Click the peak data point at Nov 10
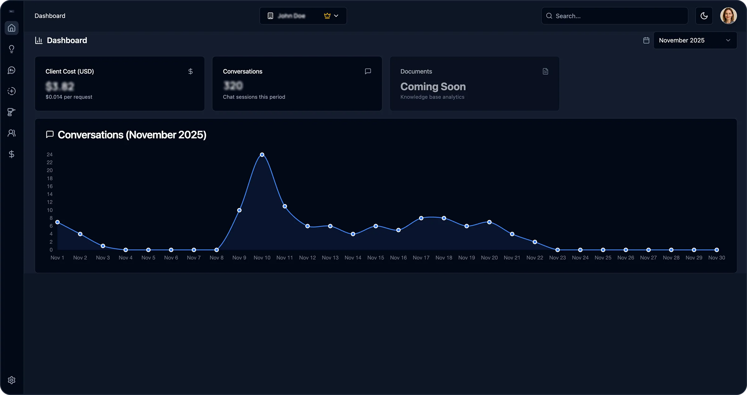(x=262, y=155)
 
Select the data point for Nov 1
(x=58, y=222)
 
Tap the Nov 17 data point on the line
(x=421, y=218)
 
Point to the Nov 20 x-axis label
(x=489, y=258)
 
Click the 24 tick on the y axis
(x=50, y=155)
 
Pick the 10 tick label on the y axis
(x=50, y=210)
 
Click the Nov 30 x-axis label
(x=716, y=258)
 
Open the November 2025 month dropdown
(x=695, y=40)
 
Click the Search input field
(x=615, y=16)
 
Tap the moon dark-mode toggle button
(x=704, y=16)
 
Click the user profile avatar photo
(x=728, y=16)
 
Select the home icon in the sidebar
(x=12, y=28)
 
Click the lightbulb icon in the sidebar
(x=12, y=49)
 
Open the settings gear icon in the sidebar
(x=12, y=380)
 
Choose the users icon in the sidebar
(x=12, y=133)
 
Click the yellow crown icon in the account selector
(x=327, y=16)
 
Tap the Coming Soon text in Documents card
(x=433, y=87)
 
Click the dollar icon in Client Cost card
(x=190, y=71)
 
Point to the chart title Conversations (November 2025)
(x=132, y=135)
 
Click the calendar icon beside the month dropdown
(x=646, y=40)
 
